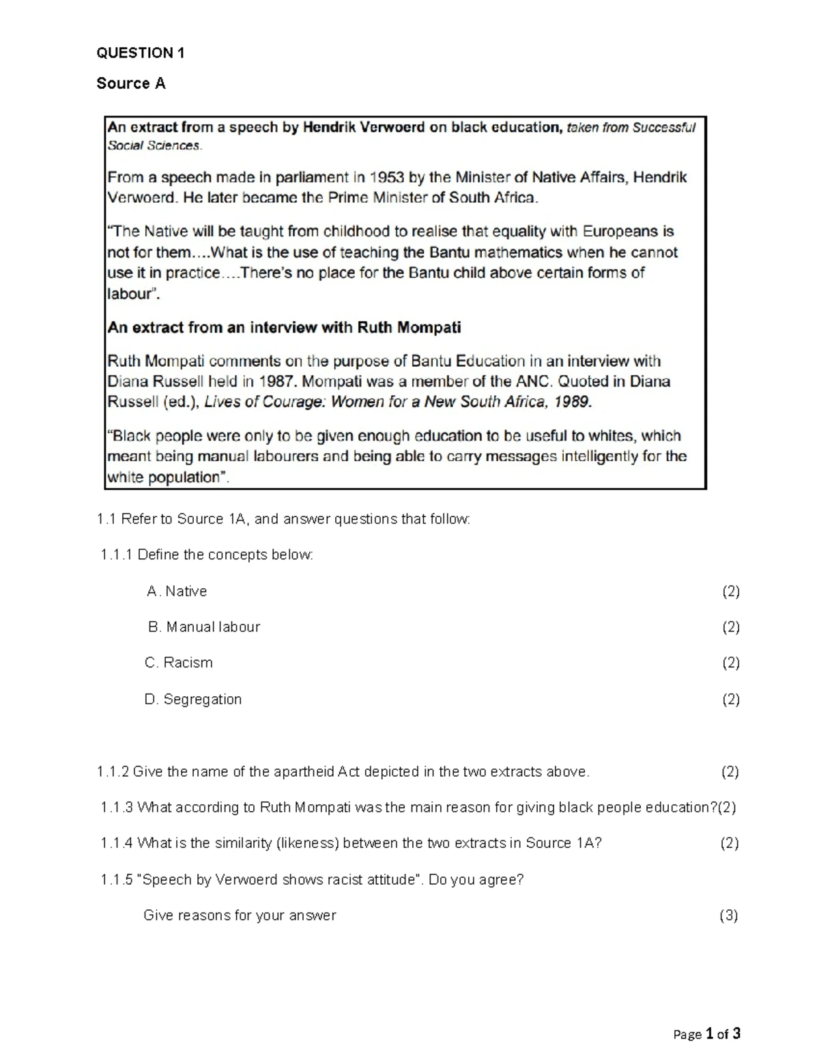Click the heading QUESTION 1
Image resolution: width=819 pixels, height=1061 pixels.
click(141, 53)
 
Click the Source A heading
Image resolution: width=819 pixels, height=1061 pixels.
click(131, 83)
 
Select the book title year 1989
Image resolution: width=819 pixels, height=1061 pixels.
click(572, 402)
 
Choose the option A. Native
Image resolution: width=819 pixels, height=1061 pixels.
click(177, 591)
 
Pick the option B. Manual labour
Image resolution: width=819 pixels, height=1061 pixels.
click(204, 626)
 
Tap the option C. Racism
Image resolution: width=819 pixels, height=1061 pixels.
click(179, 663)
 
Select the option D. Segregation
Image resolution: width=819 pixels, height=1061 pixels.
click(193, 699)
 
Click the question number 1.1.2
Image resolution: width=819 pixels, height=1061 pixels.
click(113, 771)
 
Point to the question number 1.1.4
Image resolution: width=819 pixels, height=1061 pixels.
click(117, 843)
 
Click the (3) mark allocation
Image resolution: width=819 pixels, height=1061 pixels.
click(729, 915)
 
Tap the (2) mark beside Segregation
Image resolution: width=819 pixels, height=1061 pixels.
click(731, 699)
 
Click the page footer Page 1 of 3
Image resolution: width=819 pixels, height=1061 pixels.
click(706, 1034)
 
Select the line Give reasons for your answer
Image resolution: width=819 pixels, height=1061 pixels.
click(240, 915)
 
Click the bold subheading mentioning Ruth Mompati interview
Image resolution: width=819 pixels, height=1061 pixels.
click(284, 327)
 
